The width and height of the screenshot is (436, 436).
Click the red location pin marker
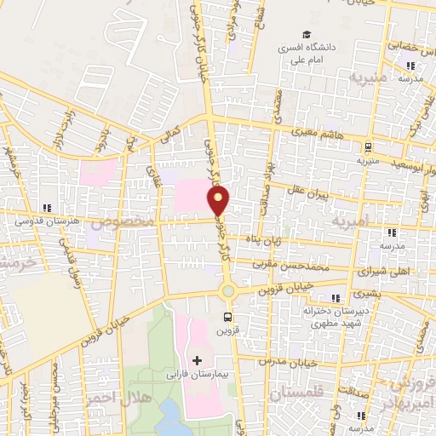coord(219,200)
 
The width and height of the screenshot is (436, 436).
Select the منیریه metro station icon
coord(367,146)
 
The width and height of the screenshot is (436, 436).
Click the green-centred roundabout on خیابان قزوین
coord(227,291)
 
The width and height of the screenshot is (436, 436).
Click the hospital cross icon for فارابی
coord(198,362)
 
